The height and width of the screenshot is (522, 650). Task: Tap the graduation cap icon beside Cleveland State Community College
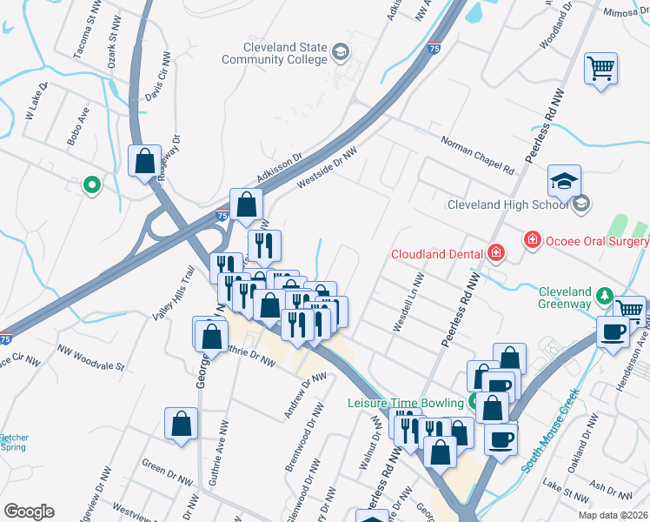pyautogui.click(x=340, y=53)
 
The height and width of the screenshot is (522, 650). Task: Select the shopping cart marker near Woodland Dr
pyautogui.click(x=600, y=69)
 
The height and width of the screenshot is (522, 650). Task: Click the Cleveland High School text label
pyautogui.click(x=507, y=205)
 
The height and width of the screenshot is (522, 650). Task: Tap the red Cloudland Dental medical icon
pyautogui.click(x=495, y=252)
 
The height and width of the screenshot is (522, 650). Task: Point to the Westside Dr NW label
pyautogui.click(x=327, y=166)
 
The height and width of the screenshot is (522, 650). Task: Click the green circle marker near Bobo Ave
pyautogui.click(x=90, y=184)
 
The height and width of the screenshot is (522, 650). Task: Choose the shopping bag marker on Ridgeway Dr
pyautogui.click(x=144, y=161)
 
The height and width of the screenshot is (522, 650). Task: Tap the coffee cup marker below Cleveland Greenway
pyautogui.click(x=614, y=331)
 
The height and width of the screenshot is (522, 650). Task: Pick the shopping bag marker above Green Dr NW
pyautogui.click(x=181, y=425)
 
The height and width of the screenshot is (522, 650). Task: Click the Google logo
pyautogui.click(x=30, y=511)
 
